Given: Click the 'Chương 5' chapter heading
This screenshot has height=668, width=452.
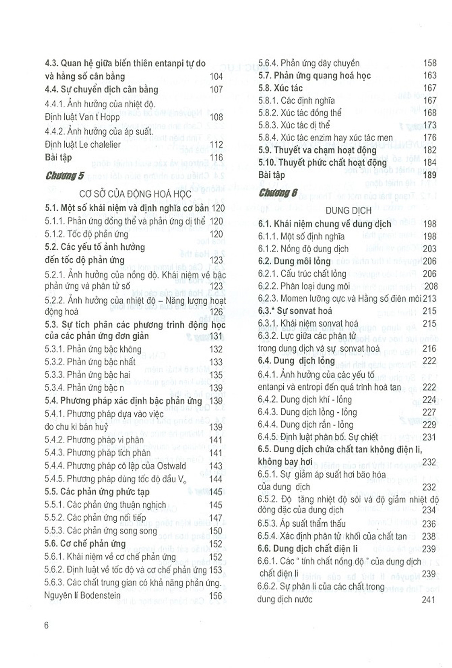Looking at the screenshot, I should pyautogui.click(x=65, y=176).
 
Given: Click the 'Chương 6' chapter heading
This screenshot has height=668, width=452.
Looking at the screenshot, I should pyautogui.click(x=278, y=193).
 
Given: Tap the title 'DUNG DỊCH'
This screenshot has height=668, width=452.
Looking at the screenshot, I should pyautogui.click(x=348, y=210).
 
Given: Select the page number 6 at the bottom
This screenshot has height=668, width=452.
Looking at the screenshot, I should pyautogui.click(x=47, y=625).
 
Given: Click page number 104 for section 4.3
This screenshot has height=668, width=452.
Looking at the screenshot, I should pyautogui.click(x=216, y=76).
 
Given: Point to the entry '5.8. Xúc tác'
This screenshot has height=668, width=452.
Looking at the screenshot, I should pyautogui.click(x=281, y=88).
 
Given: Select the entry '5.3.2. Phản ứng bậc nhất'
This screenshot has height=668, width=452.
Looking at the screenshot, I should pyautogui.click(x=90, y=362).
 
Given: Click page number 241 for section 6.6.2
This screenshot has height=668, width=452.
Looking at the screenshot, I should pyautogui.click(x=429, y=599).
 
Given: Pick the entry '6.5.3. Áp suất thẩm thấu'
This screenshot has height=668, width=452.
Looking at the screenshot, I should pyautogui.click(x=302, y=523).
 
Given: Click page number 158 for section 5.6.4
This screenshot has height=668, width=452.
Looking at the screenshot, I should pyautogui.click(x=430, y=63).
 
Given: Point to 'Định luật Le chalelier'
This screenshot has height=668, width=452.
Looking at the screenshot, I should pyautogui.click(x=83, y=145).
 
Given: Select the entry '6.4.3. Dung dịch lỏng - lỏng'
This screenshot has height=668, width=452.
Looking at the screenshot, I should pyautogui.click(x=307, y=412).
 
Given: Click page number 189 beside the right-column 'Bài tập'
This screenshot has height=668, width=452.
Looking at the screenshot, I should pyautogui.click(x=430, y=175).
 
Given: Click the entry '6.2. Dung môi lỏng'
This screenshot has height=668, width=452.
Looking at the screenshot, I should pyautogui.click(x=294, y=261).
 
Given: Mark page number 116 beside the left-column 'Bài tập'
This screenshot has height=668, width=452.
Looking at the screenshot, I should pyautogui.click(x=216, y=157).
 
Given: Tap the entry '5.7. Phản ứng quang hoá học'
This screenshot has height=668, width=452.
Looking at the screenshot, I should pyautogui.click(x=315, y=76).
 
